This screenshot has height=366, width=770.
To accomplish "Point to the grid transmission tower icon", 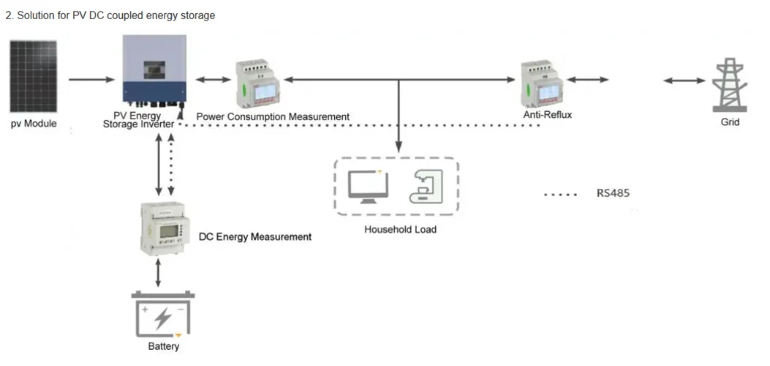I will pyautogui.click(x=729, y=85).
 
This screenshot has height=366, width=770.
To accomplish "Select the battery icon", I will pyautogui.click(x=163, y=315).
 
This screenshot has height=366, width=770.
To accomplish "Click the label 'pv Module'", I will pyautogui.click(x=33, y=124).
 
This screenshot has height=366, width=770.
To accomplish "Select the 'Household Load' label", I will pyautogui.click(x=400, y=230).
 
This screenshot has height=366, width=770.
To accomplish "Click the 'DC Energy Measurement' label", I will pyautogui.click(x=255, y=237).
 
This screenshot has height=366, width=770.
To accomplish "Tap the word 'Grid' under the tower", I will pyautogui.click(x=730, y=122).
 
